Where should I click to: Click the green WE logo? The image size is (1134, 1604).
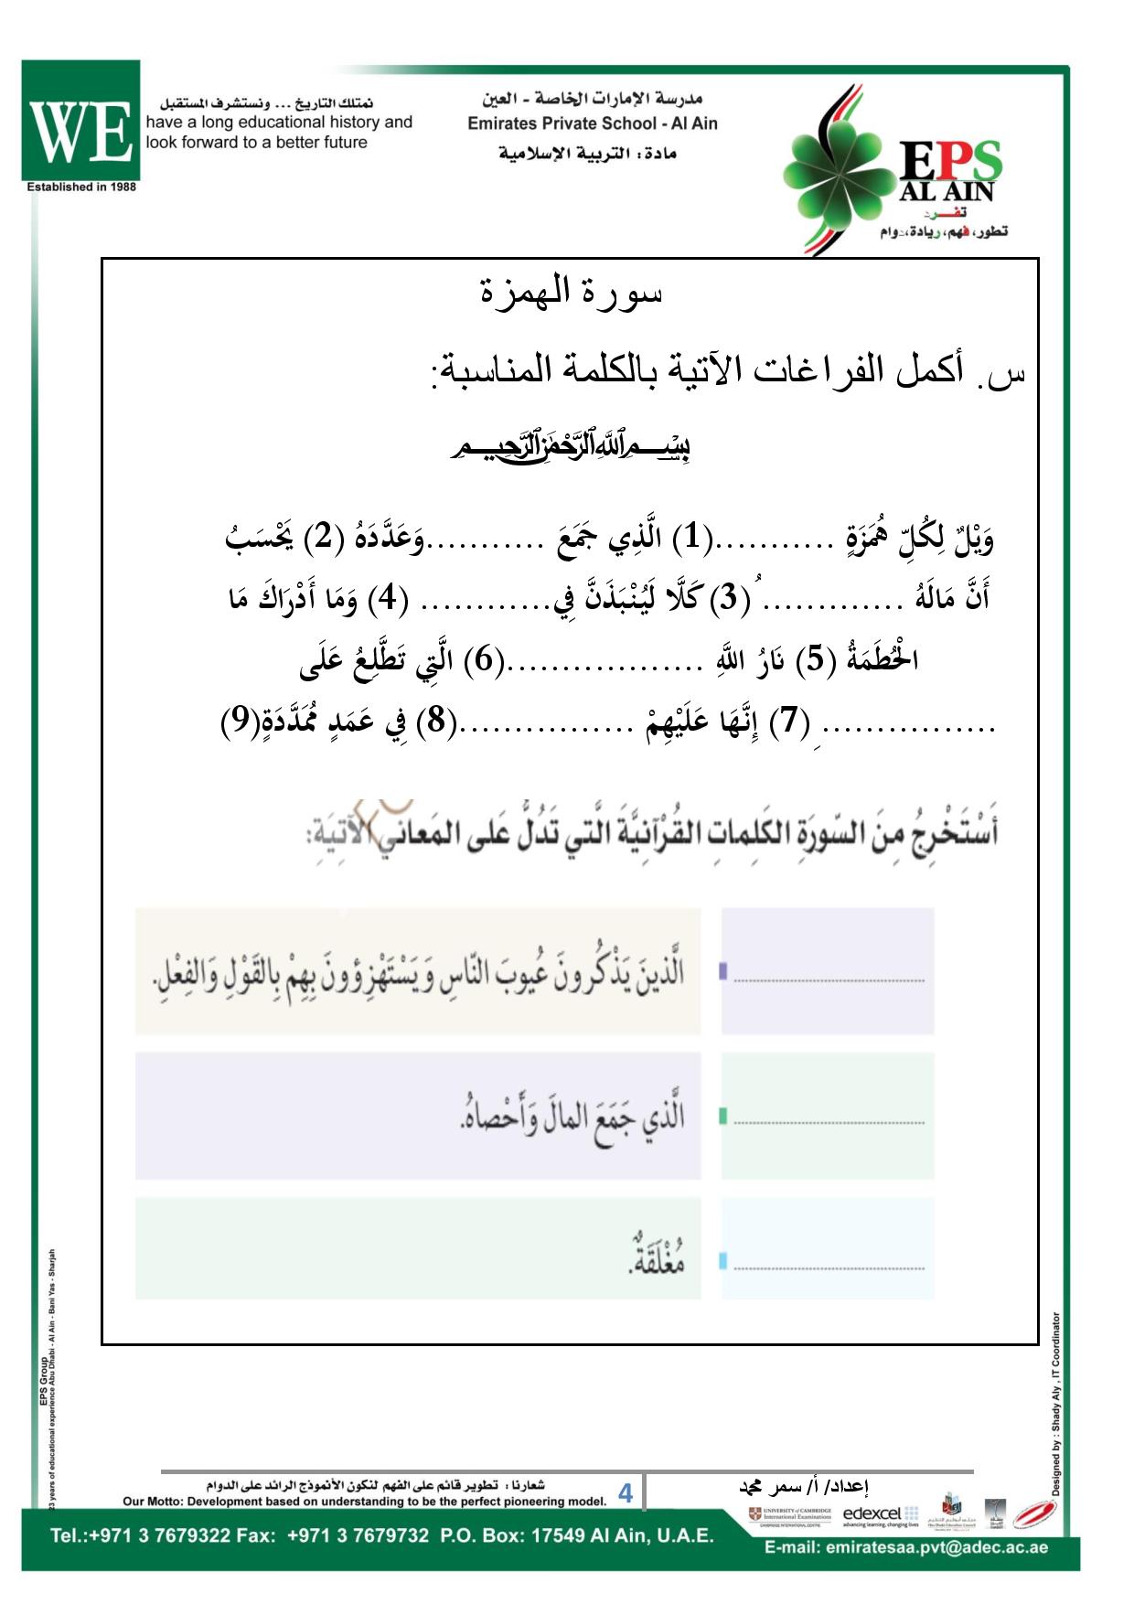click(80, 121)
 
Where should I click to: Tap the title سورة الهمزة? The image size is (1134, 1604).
click(571, 292)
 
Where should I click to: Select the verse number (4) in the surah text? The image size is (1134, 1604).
click(384, 598)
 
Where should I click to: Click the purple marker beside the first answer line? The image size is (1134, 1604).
click(722, 971)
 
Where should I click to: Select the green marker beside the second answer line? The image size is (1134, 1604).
click(722, 1116)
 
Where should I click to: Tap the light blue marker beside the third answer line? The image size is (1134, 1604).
click(722, 1262)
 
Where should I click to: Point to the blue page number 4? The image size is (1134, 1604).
click(626, 1493)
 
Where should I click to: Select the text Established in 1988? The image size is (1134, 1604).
click(81, 187)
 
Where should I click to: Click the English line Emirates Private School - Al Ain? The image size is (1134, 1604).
click(592, 123)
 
